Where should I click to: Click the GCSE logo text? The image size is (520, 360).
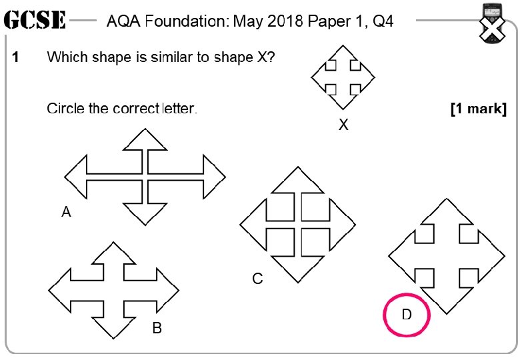pos(35,21)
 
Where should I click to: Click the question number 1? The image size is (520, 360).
pos(16,57)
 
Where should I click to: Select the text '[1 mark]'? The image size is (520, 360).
pos(478,109)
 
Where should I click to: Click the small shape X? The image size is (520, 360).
pos(342,77)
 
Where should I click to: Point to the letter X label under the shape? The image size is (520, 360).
pos(343,124)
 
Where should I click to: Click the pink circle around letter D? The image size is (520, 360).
pos(407,314)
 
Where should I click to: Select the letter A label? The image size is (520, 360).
pos(66,213)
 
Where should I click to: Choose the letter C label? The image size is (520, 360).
pos(257,279)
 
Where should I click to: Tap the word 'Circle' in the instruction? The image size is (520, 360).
pos(65,108)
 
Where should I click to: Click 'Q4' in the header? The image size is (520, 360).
pos(383,21)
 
